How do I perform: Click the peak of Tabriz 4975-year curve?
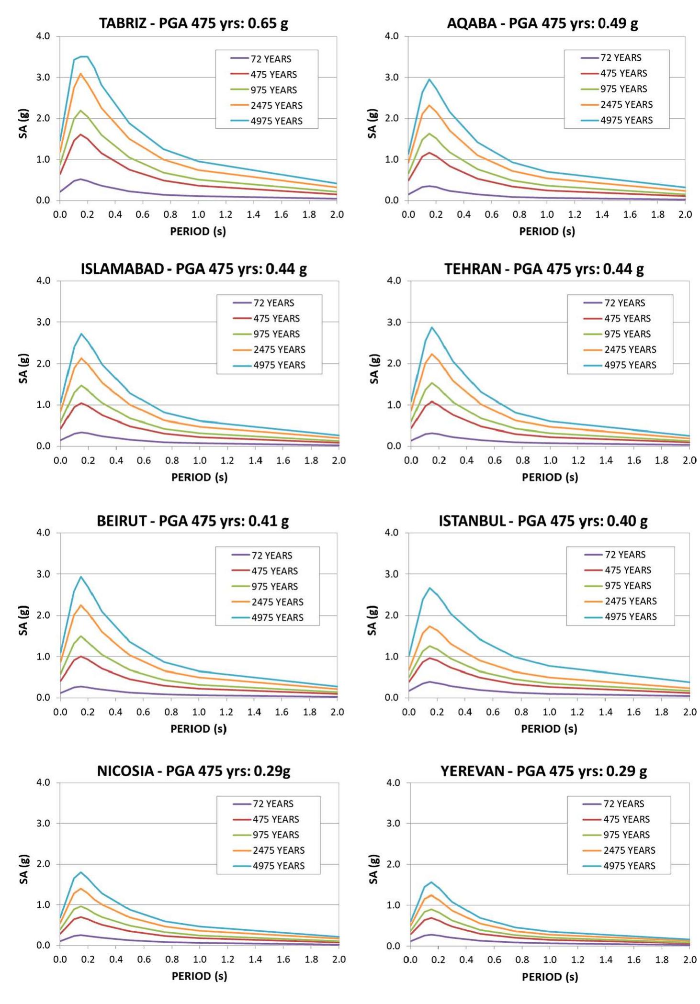(x=84, y=56)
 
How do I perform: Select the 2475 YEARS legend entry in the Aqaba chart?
(x=626, y=104)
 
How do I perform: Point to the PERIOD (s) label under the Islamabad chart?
(x=199, y=477)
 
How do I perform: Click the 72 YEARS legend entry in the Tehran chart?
(x=624, y=303)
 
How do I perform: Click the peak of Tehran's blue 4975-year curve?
(x=431, y=327)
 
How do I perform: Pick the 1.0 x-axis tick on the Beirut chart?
(x=198, y=712)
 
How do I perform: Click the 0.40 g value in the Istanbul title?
(x=627, y=521)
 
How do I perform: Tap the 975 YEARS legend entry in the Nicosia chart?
(x=276, y=835)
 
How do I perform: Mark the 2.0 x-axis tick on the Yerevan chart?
(x=689, y=959)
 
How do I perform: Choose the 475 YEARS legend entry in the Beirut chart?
(x=274, y=571)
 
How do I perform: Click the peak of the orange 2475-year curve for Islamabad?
(x=81, y=358)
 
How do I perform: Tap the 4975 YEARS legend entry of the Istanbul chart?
(x=630, y=616)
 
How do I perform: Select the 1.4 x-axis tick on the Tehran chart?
(x=606, y=460)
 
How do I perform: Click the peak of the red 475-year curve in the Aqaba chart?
(x=429, y=153)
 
